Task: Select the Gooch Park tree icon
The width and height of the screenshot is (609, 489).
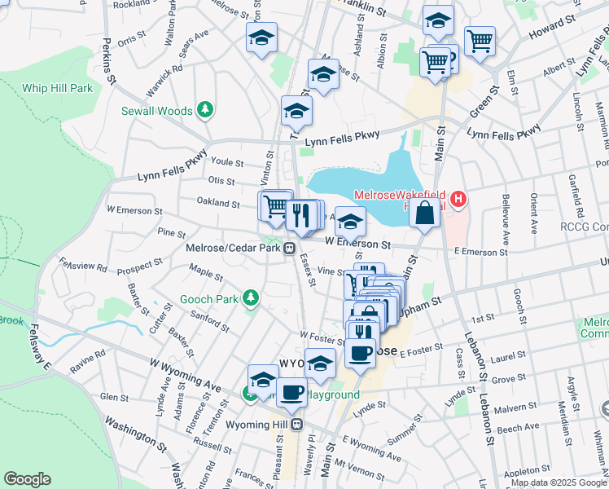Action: (x=251, y=297)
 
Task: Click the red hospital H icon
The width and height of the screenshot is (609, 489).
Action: (x=459, y=198)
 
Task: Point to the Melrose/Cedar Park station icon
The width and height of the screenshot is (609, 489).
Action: (x=289, y=249)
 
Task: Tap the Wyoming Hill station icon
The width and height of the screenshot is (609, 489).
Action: (x=297, y=425)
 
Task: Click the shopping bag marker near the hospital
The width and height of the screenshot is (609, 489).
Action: (x=425, y=215)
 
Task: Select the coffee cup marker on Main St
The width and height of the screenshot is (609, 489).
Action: (x=360, y=352)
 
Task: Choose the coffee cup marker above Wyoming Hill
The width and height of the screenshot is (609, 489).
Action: (x=291, y=392)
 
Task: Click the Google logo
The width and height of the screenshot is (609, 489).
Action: (x=27, y=479)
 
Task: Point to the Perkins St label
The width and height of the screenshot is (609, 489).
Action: (x=107, y=61)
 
